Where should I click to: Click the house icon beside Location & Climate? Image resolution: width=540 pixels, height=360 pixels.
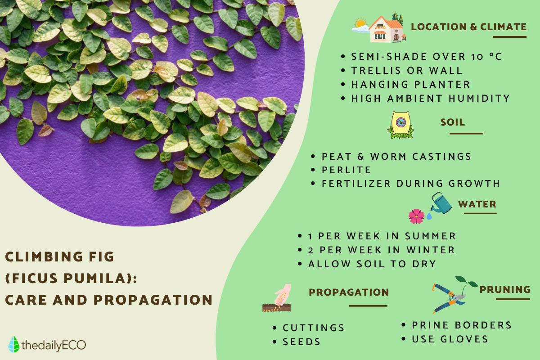387,29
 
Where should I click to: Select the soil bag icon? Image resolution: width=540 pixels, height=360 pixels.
400,125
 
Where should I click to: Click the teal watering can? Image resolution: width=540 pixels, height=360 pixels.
441,203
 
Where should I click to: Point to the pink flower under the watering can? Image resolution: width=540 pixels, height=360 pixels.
416,216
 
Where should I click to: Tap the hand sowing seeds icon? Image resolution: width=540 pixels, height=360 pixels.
277,298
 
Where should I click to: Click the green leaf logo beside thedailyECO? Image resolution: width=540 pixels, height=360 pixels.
14,344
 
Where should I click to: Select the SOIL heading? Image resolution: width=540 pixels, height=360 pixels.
453,122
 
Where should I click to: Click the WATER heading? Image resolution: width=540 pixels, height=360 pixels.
477,204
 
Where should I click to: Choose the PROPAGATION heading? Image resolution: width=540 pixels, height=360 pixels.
349,292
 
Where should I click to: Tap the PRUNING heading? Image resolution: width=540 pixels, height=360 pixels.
505,289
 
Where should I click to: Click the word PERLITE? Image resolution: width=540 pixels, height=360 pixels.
346,170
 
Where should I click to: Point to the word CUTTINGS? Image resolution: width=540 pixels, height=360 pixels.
313,328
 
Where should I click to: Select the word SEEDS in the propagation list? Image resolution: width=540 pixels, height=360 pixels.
301,342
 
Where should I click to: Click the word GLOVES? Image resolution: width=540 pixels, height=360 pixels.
464,339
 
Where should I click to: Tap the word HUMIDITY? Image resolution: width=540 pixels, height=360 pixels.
479,99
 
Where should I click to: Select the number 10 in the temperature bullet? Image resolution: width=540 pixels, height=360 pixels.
477,57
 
